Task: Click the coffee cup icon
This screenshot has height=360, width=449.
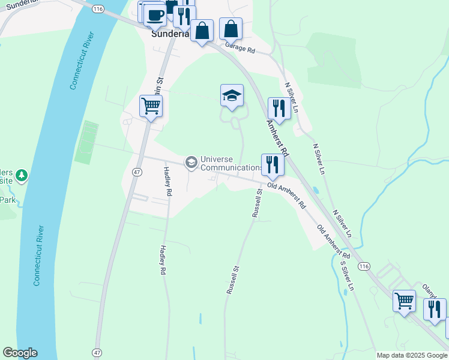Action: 155,14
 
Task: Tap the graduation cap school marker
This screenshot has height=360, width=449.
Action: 232,95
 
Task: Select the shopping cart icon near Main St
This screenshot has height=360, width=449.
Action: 151,106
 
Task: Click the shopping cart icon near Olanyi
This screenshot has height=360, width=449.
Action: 404,299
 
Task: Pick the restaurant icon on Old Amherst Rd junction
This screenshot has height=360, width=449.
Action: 273,164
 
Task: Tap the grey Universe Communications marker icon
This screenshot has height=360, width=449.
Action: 191,162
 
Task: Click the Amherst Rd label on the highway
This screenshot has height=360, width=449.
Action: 277,136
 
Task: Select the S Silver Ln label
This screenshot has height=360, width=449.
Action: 347,275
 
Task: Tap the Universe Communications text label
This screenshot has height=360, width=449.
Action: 231,163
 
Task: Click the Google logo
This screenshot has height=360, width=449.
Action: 20,353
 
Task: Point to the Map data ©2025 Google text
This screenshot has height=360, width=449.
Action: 411,355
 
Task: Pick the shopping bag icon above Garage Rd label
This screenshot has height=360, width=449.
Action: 231,28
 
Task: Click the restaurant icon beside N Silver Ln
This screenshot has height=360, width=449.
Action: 279,108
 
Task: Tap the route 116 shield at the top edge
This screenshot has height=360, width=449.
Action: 97,8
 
